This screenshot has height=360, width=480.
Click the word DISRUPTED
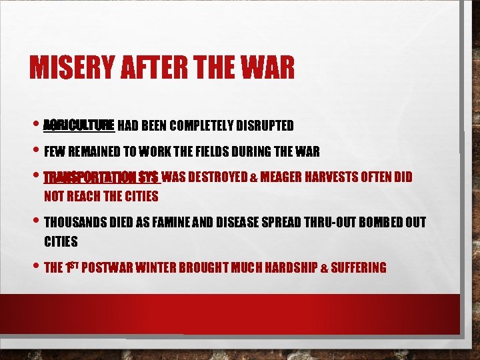click(267, 125)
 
